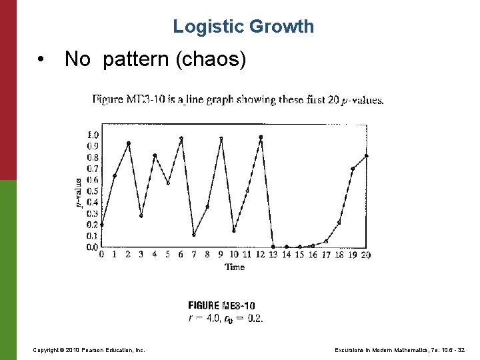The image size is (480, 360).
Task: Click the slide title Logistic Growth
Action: (243, 27)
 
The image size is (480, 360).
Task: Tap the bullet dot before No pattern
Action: (42, 61)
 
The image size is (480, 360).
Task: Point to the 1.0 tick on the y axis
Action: (92, 135)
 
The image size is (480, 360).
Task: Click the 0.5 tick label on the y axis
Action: (92, 191)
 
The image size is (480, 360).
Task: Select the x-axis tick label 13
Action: (273, 254)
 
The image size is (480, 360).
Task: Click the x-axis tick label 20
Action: (365, 254)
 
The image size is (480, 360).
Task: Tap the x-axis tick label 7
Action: (193, 254)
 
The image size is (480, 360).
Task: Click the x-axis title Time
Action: (234, 267)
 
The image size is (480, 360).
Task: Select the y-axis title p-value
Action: (79, 191)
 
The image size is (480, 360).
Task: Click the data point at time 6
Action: (181, 139)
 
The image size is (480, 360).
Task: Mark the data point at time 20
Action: (366, 156)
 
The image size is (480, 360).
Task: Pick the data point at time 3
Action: (141, 215)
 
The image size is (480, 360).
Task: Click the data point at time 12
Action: (261, 137)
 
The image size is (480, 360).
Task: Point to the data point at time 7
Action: (193, 234)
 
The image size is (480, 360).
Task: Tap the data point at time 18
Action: (339, 222)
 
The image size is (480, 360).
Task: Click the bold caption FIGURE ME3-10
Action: (221, 307)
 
